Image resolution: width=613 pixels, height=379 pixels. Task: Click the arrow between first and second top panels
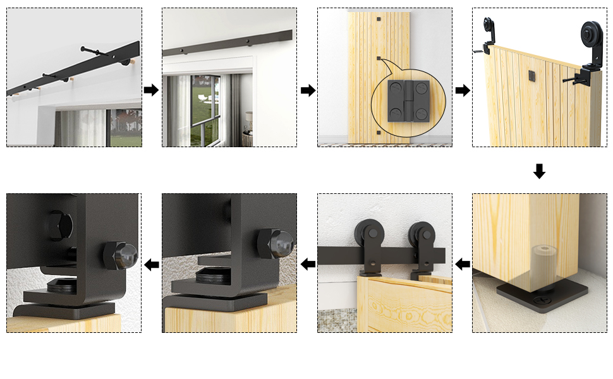point(151,90)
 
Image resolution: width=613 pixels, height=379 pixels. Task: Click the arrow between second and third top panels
point(308,90)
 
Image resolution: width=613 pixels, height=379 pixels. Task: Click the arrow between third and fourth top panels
point(463,90)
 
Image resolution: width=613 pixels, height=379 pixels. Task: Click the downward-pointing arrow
point(539,171)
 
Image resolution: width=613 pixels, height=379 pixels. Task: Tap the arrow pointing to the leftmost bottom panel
point(151,264)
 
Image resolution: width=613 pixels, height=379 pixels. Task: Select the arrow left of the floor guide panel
point(463,264)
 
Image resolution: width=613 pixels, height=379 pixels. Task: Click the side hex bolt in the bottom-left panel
point(121,253)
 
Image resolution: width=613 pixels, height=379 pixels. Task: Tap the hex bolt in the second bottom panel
point(276,243)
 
